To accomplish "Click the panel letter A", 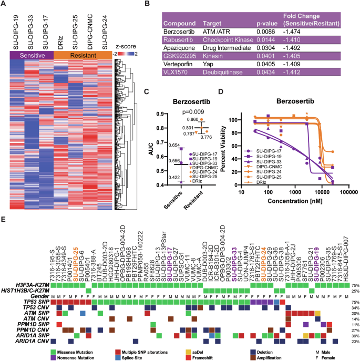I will point(4,4).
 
